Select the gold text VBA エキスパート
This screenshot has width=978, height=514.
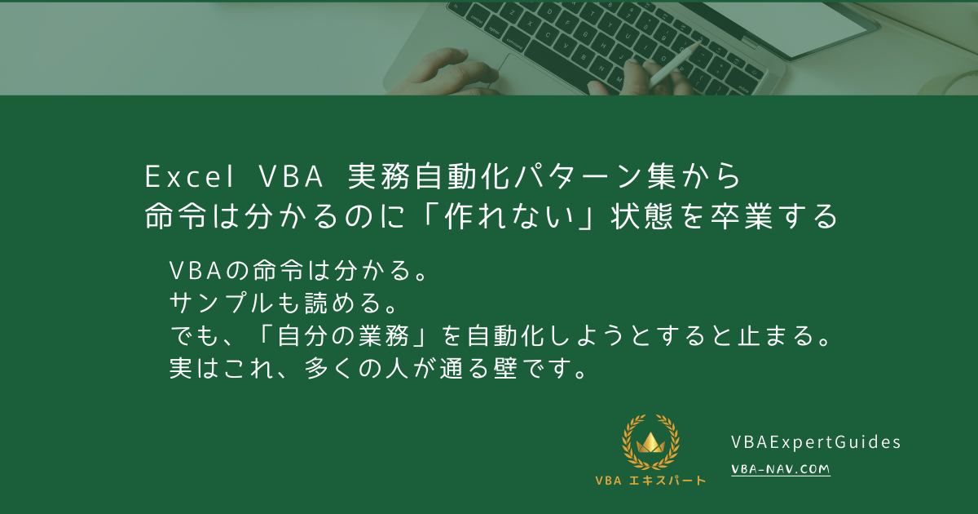[x=650, y=481]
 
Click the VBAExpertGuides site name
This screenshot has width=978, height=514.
[x=816, y=442]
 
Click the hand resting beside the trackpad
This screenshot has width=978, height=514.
[x=440, y=73]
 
